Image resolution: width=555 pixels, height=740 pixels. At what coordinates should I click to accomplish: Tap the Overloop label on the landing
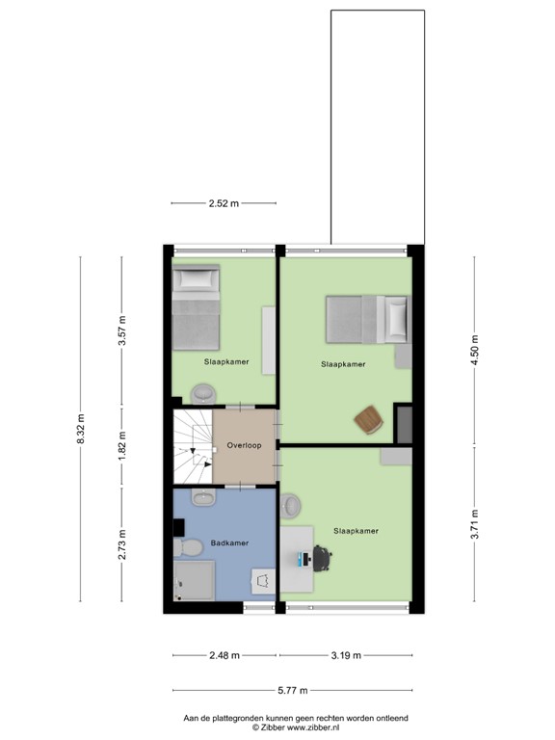click(x=244, y=445)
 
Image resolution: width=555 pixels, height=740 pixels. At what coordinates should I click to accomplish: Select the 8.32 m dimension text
click(x=81, y=429)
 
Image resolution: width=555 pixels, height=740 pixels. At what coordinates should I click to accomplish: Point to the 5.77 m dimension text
click(x=292, y=690)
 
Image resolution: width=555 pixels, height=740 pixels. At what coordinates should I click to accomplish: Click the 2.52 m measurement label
click(x=224, y=203)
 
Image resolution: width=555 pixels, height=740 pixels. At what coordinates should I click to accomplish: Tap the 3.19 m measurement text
click(x=344, y=656)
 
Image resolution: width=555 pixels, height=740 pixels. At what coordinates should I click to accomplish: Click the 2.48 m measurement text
click(x=225, y=656)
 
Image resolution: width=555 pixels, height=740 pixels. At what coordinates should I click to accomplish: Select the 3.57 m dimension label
click(x=121, y=331)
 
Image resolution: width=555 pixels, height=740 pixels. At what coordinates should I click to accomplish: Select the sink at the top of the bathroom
click(x=202, y=497)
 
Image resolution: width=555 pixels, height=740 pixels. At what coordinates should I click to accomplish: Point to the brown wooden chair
click(x=369, y=420)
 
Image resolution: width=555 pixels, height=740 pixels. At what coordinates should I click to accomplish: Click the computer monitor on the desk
click(x=304, y=558)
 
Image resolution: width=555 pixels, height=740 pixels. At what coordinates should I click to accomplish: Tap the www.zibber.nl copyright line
click(x=297, y=728)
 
